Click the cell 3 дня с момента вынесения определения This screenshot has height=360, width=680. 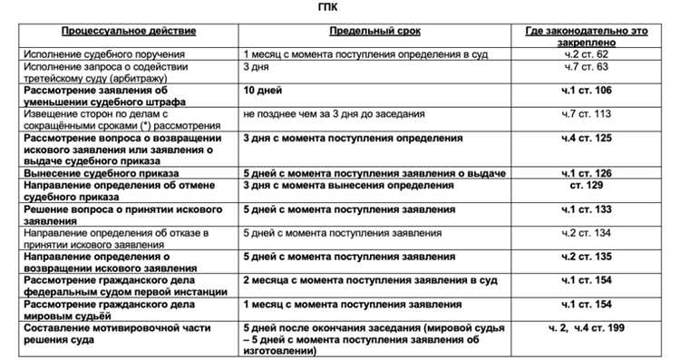tap(348, 186)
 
